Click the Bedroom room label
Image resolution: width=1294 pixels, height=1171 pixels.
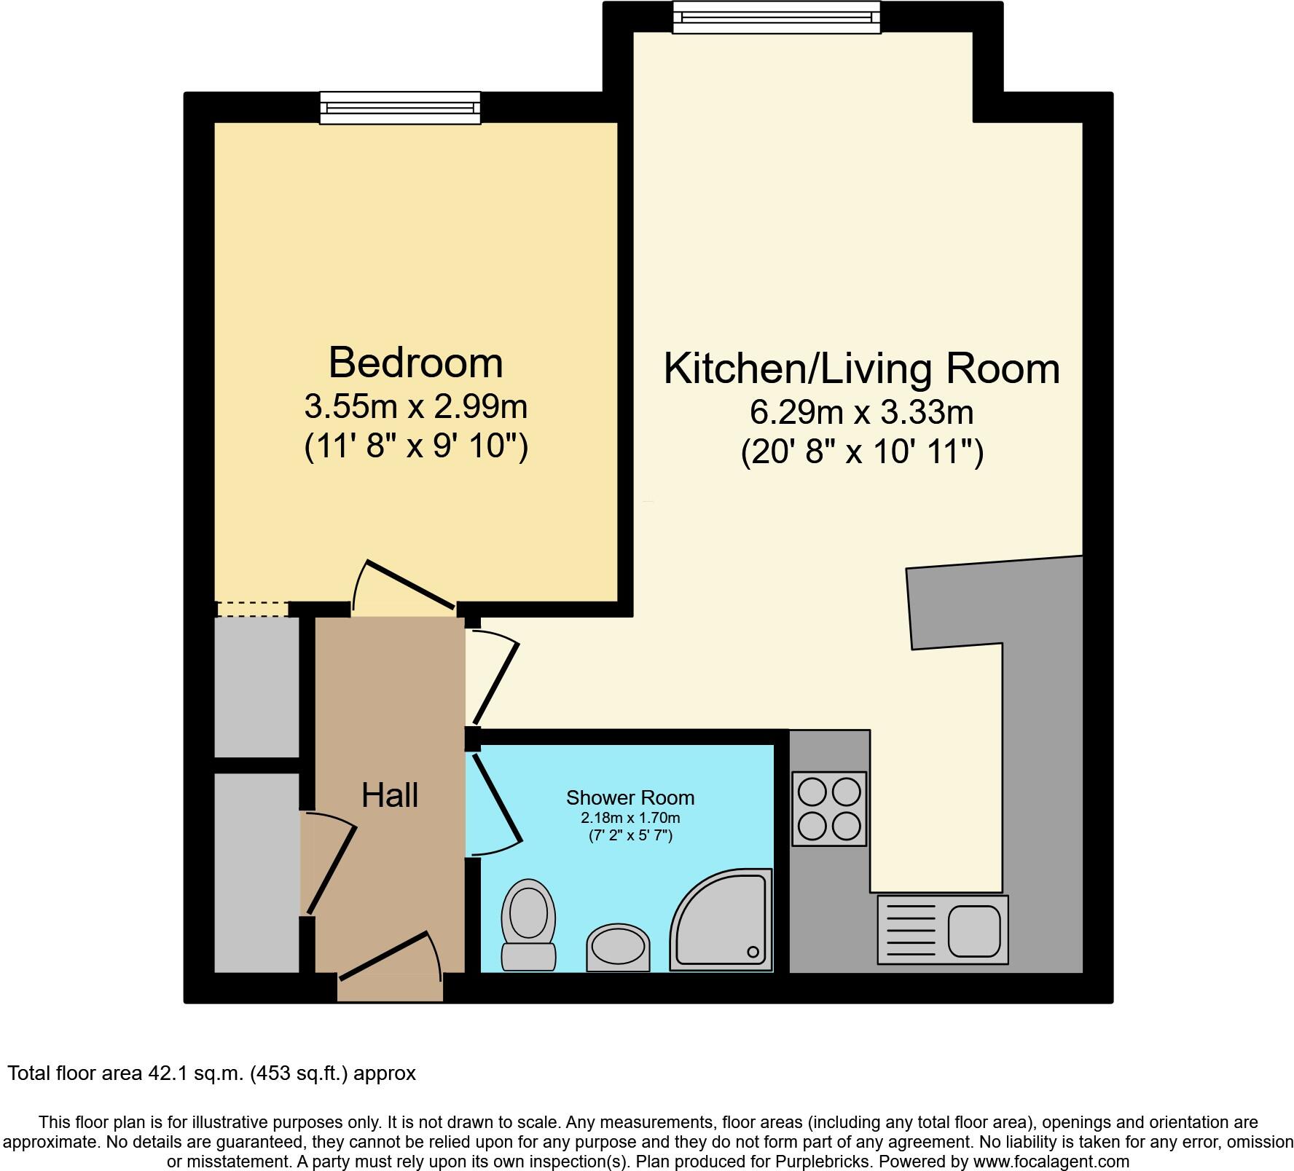415,363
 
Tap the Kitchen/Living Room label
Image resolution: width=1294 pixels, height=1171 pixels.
861,368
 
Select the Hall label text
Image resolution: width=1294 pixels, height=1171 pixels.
390,795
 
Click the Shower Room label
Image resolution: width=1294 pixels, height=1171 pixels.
630,798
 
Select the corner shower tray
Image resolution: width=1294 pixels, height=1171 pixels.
721,920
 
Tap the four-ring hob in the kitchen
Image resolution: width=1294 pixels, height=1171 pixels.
829,808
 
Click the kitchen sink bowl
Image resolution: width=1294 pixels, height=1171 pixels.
973,931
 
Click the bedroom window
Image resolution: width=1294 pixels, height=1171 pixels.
400,108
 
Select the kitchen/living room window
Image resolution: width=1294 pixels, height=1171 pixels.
776,17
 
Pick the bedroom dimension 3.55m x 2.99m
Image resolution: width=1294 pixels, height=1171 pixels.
415,406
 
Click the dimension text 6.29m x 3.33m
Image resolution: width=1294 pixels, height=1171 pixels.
861,413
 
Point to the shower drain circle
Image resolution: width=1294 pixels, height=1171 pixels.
753,951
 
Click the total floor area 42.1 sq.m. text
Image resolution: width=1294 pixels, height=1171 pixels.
211,1073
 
